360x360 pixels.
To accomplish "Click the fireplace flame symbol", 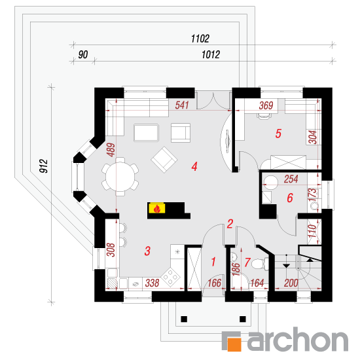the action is pos(157,209).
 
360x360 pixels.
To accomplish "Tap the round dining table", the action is pos(120,177).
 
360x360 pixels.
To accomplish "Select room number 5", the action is pos(278,134).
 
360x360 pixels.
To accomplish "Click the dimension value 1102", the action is pos(200,39).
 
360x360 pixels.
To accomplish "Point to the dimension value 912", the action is pos(44,166).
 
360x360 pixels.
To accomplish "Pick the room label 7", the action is pos(247,262).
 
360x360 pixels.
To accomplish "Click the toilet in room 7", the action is pos(259,263).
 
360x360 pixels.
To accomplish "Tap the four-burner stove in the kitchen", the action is pos(170,277).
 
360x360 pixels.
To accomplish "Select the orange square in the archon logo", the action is pos(234,344).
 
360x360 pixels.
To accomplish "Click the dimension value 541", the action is pos(182,105).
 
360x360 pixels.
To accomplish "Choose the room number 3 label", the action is pos(147,251).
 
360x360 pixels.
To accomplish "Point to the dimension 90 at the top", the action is pos(83,54).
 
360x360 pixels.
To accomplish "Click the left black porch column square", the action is pos(184,319).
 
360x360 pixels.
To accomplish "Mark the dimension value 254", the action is pos(291,179).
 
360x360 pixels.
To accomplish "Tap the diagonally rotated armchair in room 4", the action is pos(164,160).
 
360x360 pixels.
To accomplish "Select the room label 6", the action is pos(290,198).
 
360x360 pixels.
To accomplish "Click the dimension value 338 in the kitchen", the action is pos(153,283).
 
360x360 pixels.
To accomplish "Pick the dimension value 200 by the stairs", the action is pos(291,283).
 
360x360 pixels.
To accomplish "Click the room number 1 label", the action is pos(213,262).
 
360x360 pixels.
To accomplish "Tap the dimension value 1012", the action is pos(211,54).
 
